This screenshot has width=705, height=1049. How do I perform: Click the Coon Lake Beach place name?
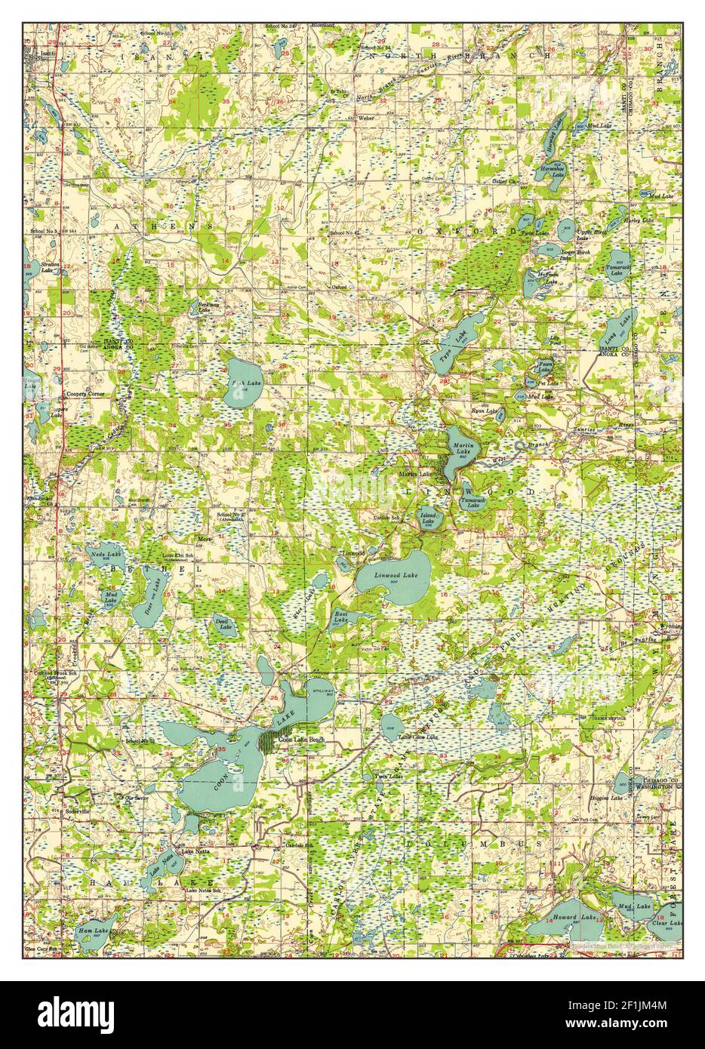[302, 740]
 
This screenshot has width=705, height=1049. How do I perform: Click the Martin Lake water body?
[460, 449]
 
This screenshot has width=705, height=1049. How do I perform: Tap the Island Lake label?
[428, 518]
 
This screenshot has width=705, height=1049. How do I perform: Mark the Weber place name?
[366, 118]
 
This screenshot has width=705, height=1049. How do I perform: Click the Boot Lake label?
[341, 617]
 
